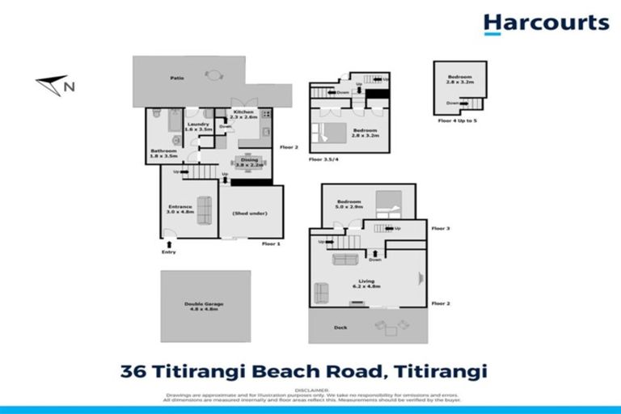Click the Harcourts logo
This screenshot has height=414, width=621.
pyautogui.click(x=546, y=23)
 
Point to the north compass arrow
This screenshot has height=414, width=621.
pyautogui.click(x=53, y=83)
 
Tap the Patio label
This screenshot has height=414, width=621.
pyautogui.click(x=176, y=78)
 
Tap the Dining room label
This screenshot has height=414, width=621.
pyautogui.click(x=248, y=162)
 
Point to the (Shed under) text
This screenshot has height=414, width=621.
pyautogui.click(x=250, y=213)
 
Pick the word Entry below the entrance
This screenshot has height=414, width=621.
pyautogui.click(x=167, y=251)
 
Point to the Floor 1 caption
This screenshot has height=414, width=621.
pyautogui.click(x=271, y=243)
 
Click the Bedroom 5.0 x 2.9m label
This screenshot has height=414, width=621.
pyautogui.click(x=349, y=204)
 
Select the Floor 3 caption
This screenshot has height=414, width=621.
pyautogui.click(x=441, y=229)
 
